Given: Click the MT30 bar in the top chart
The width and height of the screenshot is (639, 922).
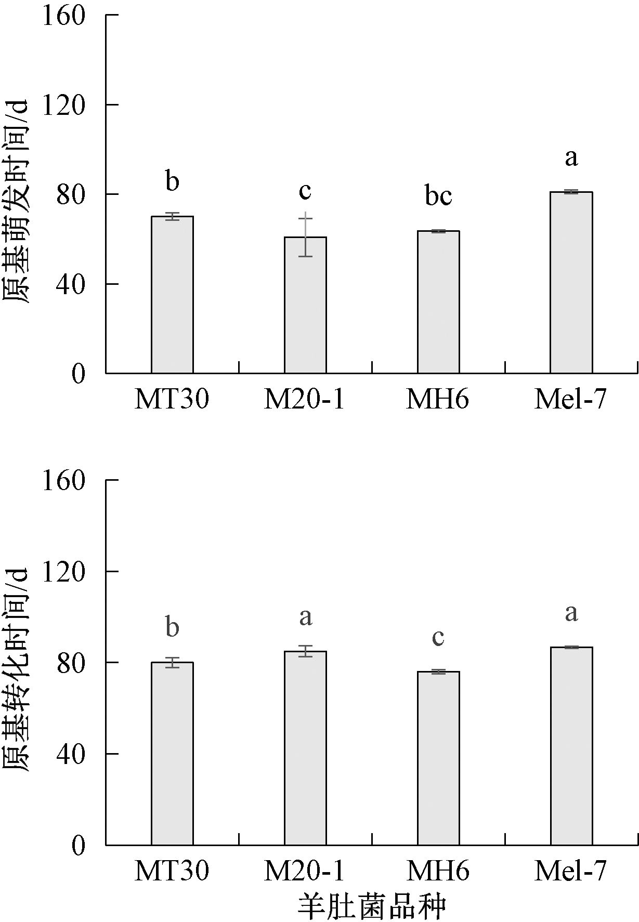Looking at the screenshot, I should (172, 295).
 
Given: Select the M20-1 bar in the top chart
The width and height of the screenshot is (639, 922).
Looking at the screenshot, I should (305, 305).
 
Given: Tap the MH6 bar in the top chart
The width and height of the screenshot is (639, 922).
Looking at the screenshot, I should (438, 302).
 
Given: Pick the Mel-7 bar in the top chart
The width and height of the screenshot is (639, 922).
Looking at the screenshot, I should (571, 283).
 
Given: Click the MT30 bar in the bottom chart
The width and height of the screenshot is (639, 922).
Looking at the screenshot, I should (172, 754).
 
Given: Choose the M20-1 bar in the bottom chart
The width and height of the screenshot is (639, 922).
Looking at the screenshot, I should (305, 748).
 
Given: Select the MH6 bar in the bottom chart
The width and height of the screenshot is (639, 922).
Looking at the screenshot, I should (438, 758).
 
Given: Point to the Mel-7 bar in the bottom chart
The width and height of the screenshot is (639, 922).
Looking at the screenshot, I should (571, 746).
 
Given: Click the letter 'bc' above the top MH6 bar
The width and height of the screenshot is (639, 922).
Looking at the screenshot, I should (438, 196).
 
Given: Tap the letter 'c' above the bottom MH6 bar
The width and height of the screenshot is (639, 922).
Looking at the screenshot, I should (438, 637).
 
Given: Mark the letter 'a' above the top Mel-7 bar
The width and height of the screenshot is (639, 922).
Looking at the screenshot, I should (571, 157).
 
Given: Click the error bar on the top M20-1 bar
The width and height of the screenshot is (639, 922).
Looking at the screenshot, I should (305, 235).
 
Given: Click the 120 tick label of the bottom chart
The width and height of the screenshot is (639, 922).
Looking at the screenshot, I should (63, 571).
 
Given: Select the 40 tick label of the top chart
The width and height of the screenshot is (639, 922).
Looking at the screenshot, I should (71, 284).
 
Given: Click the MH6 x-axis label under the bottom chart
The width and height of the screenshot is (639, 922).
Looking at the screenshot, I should (438, 871).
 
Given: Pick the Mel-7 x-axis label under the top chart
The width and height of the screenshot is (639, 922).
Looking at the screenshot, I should (570, 400).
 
